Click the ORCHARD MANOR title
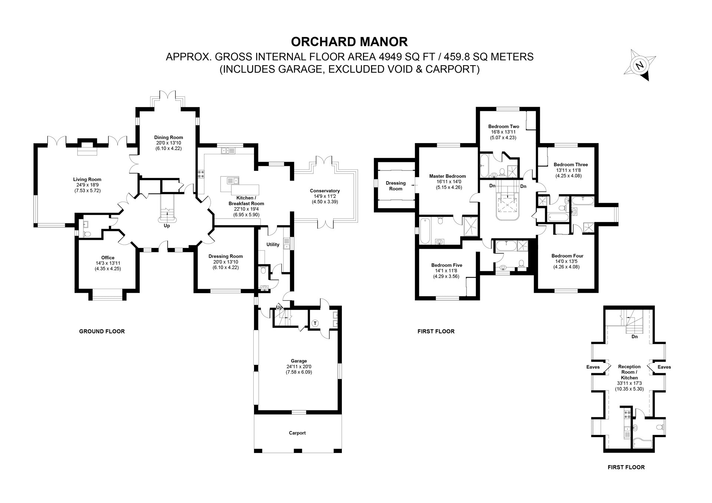pos(349,42)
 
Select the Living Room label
pos(87,179)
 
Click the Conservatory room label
pos(324,191)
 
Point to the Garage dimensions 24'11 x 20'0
pos(299,367)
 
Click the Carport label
pos(297,433)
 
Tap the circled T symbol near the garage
pos(315,323)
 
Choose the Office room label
pos(108,258)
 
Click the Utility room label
pos(273,245)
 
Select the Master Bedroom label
pos(447,176)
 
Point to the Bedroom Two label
pos(504,126)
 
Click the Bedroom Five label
pos(446,265)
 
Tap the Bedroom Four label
pos(567,256)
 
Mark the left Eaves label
pos(593,367)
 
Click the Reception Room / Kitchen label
pos(629,372)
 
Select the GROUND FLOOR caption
pos(102,331)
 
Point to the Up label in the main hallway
pos(167,225)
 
